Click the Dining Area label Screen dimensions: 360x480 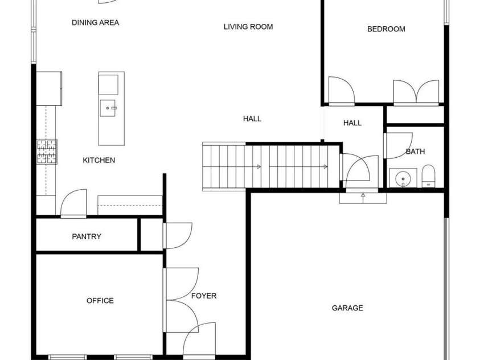pyautogui.click(x=95, y=23)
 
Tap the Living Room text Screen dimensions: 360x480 pyautogui.click(x=248, y=27)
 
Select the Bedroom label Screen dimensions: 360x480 pyautogui.click(x=385, y=29)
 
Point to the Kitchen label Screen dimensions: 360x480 pyautogui.click(x=99, y=161)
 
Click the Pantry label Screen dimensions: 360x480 pyautogui.click(x=87, y=236)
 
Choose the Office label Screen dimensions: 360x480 pyautogui.click(x=100, y=301)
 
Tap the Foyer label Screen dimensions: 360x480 pyautogui.click(x=203, y=296)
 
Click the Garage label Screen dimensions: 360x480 pyautogui.click(x=347, y=308)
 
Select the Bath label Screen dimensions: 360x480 pyautogui.click(x=415, y=152)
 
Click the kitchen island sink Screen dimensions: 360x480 pyautogui.click(x=108, y=107)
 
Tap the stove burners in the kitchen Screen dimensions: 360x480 pyautogui.click(x=47, y=152)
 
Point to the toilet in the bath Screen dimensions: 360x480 pyautogui.click(x=428, y=176)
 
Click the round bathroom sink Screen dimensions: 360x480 pyautogui.click(x=403, y=178)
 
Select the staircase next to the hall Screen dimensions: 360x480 pyautogui.click(x=271, y=166)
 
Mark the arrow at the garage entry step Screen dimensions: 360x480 pyautogui.click(x=363, y=197)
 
